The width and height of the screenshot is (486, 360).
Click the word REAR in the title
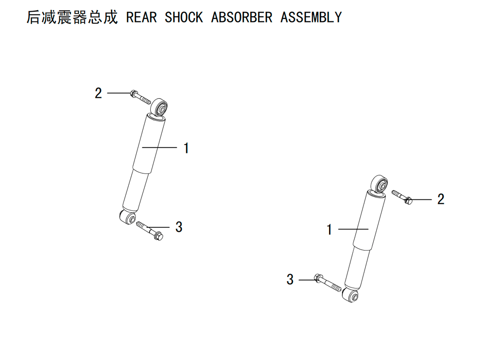tap(141, 17)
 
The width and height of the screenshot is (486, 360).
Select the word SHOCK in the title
tap(184, 17)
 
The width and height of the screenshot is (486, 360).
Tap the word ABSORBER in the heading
tap(242, 17)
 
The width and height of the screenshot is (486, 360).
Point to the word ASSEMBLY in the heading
tap(311, 17)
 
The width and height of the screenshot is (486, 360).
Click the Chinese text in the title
tap(72, 17)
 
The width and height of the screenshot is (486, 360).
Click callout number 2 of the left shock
tap(98, 93)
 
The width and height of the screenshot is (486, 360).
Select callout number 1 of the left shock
tap(186, 148)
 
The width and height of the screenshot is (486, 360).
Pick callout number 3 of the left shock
tap(179, 227)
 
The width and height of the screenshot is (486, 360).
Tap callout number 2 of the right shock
tap(441, 199)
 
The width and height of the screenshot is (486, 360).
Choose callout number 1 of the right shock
tap(330, 230)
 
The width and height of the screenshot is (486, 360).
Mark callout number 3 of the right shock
tap(290, 279)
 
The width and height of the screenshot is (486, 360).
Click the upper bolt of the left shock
tap(140, 97)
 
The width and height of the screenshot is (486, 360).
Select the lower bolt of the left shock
tap(150, 231)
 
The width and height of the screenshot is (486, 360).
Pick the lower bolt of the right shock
tap(328, 282)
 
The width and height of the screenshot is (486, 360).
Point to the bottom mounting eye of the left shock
tap(127, 217)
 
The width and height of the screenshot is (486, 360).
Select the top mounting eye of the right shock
tap(380, 184)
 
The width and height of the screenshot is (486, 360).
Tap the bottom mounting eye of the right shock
tap(350, 295)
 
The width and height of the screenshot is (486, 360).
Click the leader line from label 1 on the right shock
tap(353, 229)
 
